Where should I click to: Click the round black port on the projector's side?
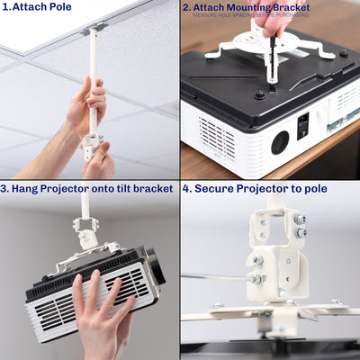(x=280, y=141)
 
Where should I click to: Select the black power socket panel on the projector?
(x=304, y=125)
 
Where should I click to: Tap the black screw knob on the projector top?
(x=259, y=94)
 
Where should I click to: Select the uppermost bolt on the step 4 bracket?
(x=299, y=219)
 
